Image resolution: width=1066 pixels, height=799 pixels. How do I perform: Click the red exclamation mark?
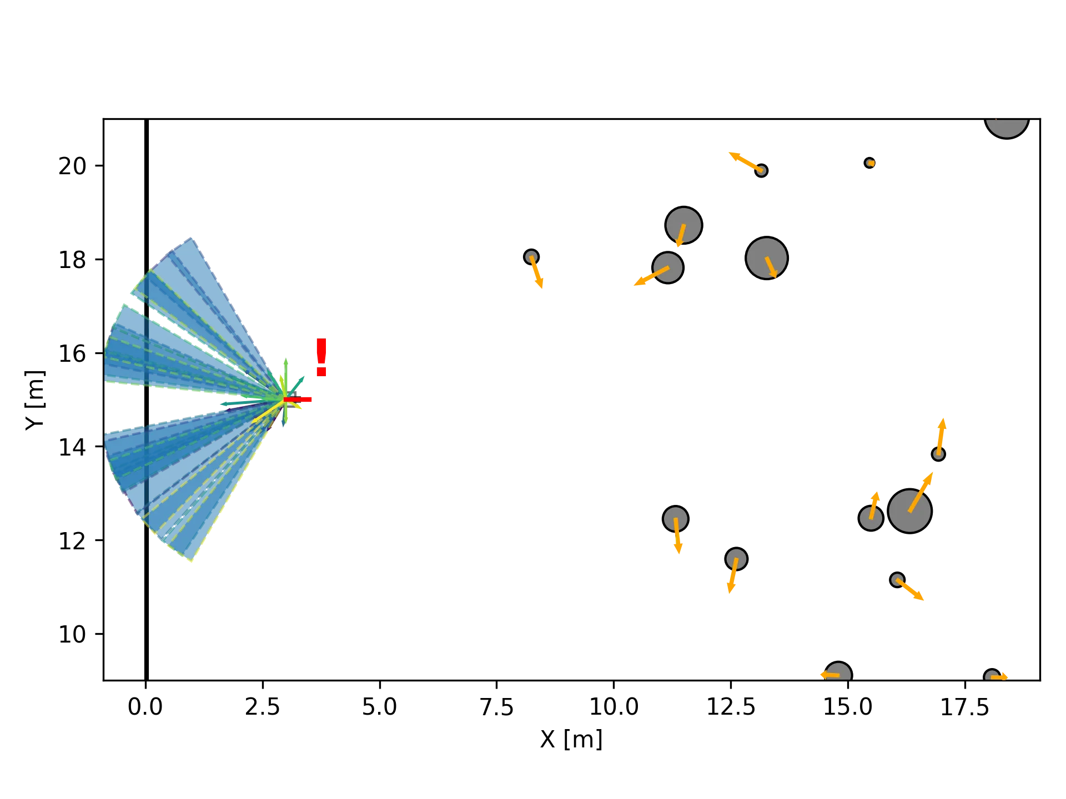(321, 357)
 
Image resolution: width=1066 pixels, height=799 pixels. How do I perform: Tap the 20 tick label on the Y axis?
(73, 166)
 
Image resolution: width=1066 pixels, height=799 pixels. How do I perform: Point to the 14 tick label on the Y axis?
(73, 447)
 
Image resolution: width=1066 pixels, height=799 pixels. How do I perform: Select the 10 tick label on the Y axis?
(73, 634)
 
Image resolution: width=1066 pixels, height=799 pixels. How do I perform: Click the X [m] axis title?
(570, 741)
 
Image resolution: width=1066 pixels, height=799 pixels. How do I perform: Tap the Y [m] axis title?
(34, 401)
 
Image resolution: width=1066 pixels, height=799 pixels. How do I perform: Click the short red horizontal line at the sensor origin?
(299, 399)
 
